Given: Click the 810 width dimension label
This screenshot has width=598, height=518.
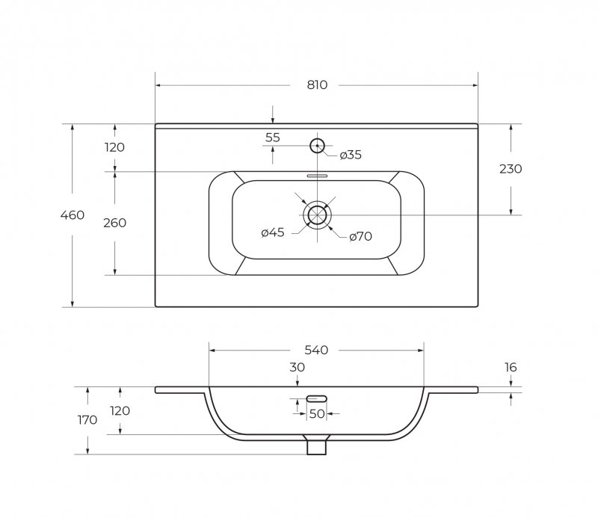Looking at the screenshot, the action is [317, 84].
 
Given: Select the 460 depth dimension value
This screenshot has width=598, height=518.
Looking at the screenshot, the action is [73, 215].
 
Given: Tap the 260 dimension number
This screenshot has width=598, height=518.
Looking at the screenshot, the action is [115, 223].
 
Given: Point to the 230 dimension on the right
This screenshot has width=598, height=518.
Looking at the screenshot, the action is [511, 169].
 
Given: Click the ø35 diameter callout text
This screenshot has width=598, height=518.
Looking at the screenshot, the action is [351, 155].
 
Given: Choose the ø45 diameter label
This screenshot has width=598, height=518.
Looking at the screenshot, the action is [273, 232].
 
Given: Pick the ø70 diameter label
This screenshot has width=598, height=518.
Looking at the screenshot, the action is [360, 236].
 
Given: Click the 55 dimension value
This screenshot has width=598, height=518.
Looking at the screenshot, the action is [273, 138].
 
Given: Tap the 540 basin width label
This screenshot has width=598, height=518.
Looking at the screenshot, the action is [316, 350].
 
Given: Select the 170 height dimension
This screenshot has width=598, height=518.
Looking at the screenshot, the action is [87, 420].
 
